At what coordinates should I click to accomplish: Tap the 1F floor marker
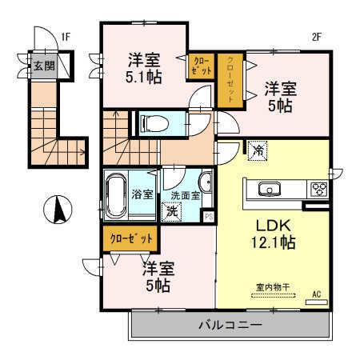pos(66,36)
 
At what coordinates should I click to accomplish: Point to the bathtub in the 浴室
pos(118,194)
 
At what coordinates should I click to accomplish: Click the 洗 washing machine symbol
pos(170,213)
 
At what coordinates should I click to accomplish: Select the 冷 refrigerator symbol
pos(258,150)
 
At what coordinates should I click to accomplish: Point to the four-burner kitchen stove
pos(319,189)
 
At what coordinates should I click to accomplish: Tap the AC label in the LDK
pos(314,294)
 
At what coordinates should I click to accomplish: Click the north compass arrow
pos(58,210)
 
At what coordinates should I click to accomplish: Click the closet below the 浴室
pos(129,238)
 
